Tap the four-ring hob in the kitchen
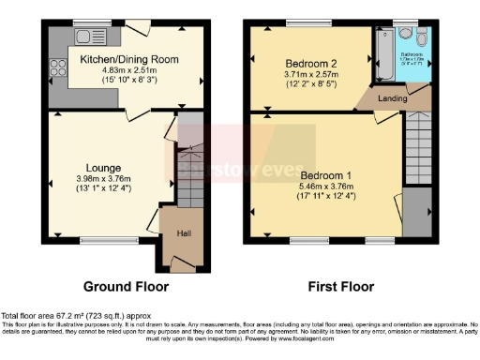point(56,67)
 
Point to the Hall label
point(184,232)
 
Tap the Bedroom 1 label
point(327,175)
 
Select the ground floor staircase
point(190,174)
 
